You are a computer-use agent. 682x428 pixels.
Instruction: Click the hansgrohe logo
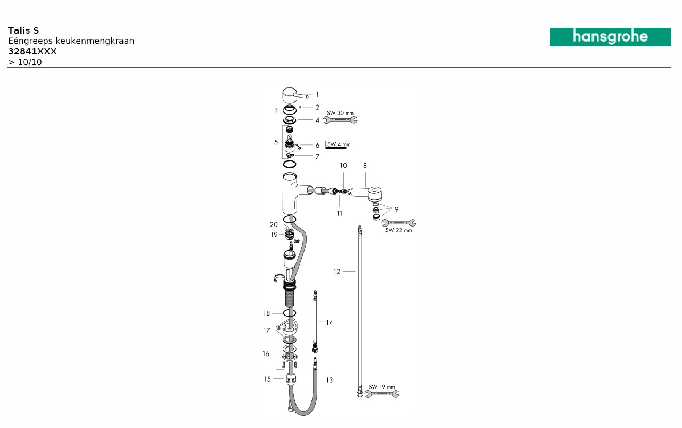pos(610,37)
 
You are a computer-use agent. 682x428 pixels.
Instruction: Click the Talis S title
pos(23,30)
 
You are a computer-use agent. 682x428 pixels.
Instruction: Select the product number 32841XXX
pos(32,51)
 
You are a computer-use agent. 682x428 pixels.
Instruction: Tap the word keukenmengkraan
pos(95,41)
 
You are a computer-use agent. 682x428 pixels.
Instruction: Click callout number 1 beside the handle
pos(317,95)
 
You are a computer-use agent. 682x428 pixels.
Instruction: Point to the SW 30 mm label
pos(340,113)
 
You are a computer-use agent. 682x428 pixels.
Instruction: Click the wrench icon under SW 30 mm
pos(340,120)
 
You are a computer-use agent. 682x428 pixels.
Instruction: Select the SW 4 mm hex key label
pos(339,144)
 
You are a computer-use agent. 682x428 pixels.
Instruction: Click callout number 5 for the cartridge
pos(276,142)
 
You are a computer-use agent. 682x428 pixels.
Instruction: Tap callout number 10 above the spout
pos(343,166)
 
